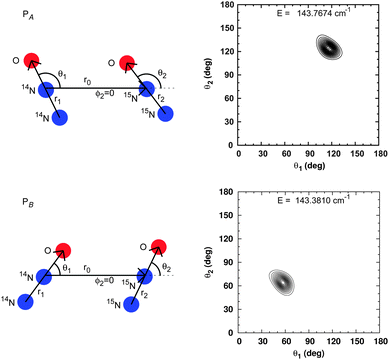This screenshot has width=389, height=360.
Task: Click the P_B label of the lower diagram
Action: [x=17, y=198]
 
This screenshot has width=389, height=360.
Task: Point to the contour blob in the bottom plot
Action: [x=283, y=283]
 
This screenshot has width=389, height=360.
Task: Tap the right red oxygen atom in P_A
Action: [x=127, y=65]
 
